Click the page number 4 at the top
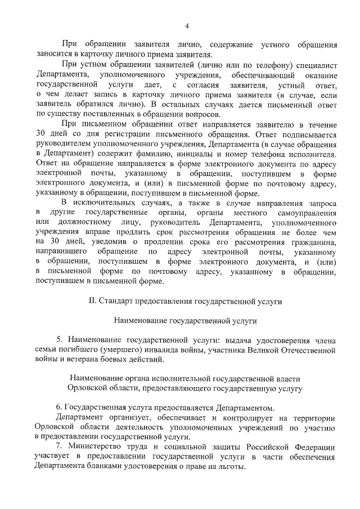click(x=186, y=25)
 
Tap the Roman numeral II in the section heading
click(x=93, y=301)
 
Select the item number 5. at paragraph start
click(x=60, y=340)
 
